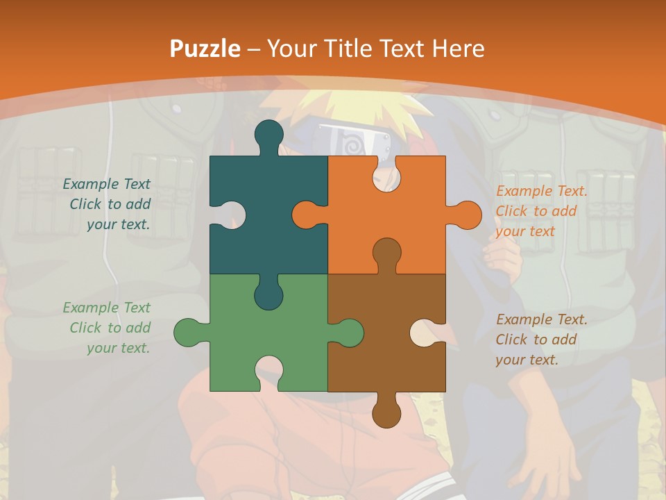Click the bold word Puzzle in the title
(x=205, y=49)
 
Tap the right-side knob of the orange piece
(x=465, y=215)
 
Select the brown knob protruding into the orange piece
(x=386, y=253)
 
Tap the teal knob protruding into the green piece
(x=268, y=294)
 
